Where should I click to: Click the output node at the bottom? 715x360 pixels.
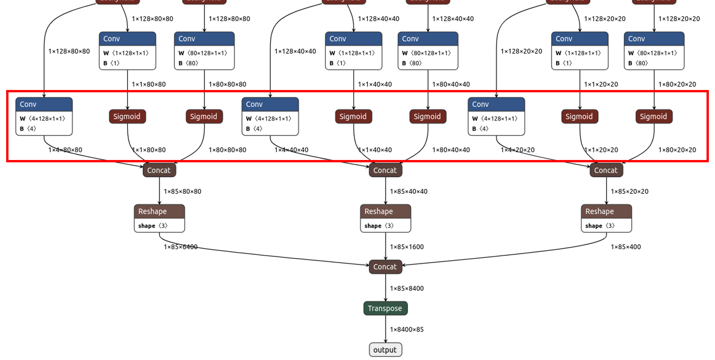tap(385, 350)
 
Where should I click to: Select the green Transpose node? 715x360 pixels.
tap(385, 308)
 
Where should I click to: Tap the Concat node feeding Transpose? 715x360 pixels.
tap(385, 267)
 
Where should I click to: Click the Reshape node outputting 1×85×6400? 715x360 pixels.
tap(159, 211)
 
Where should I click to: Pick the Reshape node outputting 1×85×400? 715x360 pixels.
tap(606, 211)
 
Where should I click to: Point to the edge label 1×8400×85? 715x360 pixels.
tap(406, 329)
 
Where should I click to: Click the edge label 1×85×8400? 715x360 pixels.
tap(406, 288)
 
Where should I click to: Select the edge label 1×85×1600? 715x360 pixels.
tap(406, 247)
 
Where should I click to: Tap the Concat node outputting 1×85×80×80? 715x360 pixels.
tap(159, 170)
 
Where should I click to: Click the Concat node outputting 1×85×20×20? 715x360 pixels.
tap(606, 170)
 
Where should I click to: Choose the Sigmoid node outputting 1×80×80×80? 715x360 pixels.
tap(204, 116)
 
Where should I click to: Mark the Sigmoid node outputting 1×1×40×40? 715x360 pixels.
tap(353, 116)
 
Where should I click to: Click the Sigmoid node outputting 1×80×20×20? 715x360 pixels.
tap(653, 116)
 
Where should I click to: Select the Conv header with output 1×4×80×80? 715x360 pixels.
tap(44, 104)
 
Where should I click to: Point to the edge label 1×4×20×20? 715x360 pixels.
tap(517, 150)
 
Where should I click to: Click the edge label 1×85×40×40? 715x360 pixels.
tap(408, 191)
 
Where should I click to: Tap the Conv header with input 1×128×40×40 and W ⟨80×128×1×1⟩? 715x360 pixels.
tap(428, 39)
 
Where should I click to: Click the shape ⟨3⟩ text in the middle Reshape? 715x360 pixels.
tap(379, 226)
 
